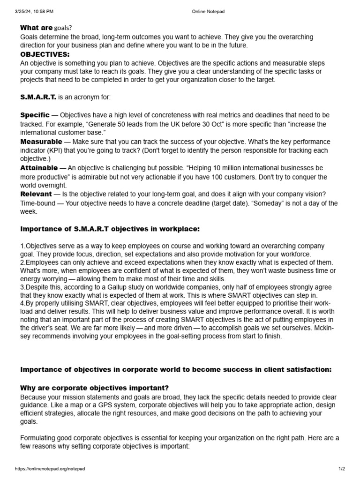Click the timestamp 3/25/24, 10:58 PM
point(34,11)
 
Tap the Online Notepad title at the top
point(208,11)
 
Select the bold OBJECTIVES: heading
point(45,54)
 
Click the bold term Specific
point(35,115)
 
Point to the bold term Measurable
point(41,142)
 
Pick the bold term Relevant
point(36,194)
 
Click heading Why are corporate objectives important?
point(94,388)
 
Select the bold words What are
point(36,28)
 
